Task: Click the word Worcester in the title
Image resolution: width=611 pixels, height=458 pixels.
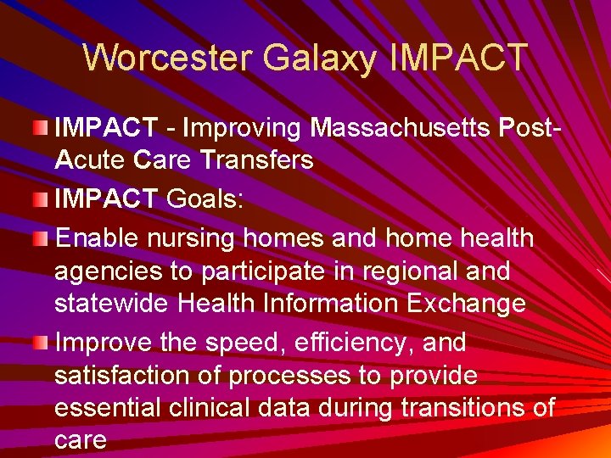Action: coord(168,59)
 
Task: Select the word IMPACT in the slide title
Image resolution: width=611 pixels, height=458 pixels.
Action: coord(459,59)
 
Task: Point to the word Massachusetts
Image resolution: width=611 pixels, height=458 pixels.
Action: coord(401,128)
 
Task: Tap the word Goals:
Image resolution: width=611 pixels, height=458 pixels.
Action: coord(205,199)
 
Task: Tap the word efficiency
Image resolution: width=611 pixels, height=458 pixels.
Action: coord(338,343)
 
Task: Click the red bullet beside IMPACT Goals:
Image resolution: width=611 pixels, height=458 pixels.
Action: coord(41,198)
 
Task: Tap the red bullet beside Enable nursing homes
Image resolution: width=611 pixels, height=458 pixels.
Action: coord(41,238)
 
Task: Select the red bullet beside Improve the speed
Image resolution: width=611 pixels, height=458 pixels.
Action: coord(41,342)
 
